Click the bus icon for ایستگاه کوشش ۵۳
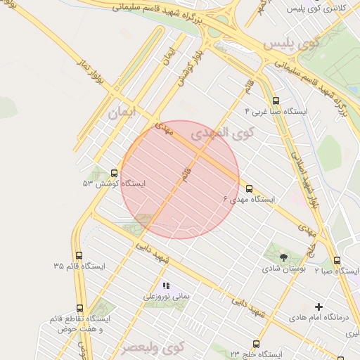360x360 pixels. [114, 173]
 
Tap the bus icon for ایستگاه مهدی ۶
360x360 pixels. [249, 188]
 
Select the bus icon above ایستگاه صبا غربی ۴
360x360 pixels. [275, 101]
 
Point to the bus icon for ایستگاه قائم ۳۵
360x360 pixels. [79, 256]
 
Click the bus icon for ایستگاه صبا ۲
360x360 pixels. [337, 260]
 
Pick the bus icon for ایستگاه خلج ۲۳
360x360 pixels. [256, 345]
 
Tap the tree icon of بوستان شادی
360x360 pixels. [283, 257]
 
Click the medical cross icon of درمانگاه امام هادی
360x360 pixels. [319, 307]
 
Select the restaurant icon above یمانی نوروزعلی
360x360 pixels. [167, 286]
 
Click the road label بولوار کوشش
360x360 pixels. [184, 67]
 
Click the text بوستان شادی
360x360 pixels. [281, 269]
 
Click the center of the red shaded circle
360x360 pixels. [180, 179]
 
